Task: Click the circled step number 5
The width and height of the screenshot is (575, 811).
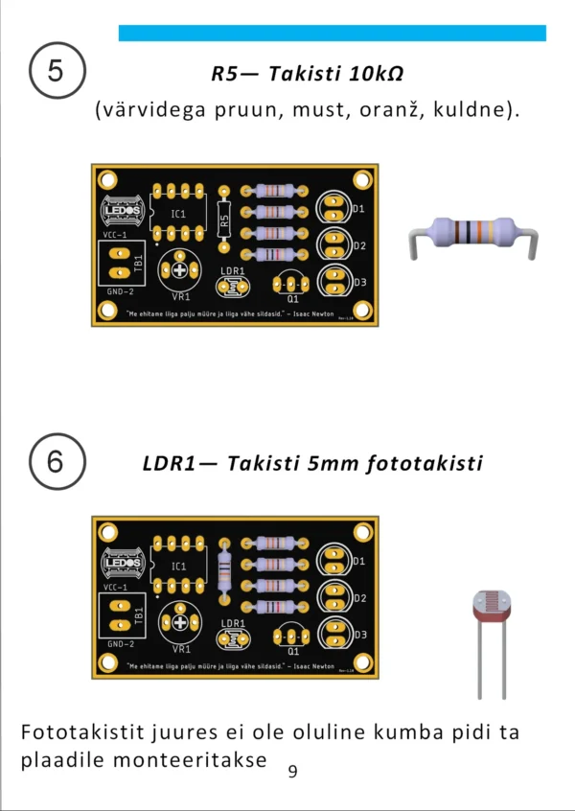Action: coord(57,72)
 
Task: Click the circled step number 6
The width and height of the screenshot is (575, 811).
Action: coord(57,462)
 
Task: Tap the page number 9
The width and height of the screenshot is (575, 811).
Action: coord(292,770)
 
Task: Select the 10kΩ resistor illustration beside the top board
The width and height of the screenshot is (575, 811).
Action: coord(470,235)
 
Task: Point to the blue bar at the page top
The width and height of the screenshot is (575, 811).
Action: coord(332,33)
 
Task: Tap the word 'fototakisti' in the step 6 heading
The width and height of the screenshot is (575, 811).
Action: coord(425,463)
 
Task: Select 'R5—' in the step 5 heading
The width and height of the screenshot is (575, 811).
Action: coord(235,74)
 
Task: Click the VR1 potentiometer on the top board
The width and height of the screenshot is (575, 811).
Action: coord(179,272)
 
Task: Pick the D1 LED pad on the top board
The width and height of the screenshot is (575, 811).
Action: coord(333,208)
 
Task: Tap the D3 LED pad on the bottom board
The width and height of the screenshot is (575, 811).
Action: coord(333,634)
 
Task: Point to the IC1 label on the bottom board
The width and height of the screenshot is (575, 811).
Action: coord(179,567)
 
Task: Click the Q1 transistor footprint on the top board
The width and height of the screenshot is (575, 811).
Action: coord(291,284)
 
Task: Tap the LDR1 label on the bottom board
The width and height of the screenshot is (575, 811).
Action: coord(233,623)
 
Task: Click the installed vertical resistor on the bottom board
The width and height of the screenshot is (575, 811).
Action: coord(225,571)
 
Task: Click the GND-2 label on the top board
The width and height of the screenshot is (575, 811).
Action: coord(119,291)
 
